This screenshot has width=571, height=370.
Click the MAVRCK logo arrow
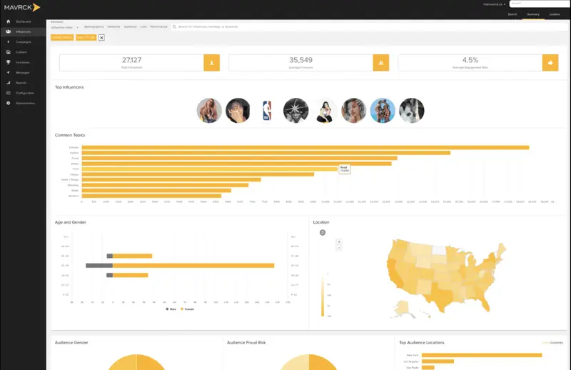[36, 7]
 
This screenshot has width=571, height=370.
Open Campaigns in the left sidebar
[24, 42]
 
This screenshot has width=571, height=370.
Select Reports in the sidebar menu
[22, 83]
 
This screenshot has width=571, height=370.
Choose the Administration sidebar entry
[26, 103]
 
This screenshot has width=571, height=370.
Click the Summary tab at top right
[532, 14]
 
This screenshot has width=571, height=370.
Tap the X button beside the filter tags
[101, 37]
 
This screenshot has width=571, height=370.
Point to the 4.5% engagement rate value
[470, 60]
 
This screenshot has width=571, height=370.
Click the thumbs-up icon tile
[550, 63]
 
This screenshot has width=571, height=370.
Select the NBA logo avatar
[268, 110]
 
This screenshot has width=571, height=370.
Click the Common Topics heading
[70, 135]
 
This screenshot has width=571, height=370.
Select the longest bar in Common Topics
[305, 147]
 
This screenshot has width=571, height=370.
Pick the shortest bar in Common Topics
[151, 196]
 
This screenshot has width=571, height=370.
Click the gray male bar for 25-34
[99, 265]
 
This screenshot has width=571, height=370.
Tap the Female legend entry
[187, 309]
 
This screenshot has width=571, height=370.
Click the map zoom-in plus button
[339, 241]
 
